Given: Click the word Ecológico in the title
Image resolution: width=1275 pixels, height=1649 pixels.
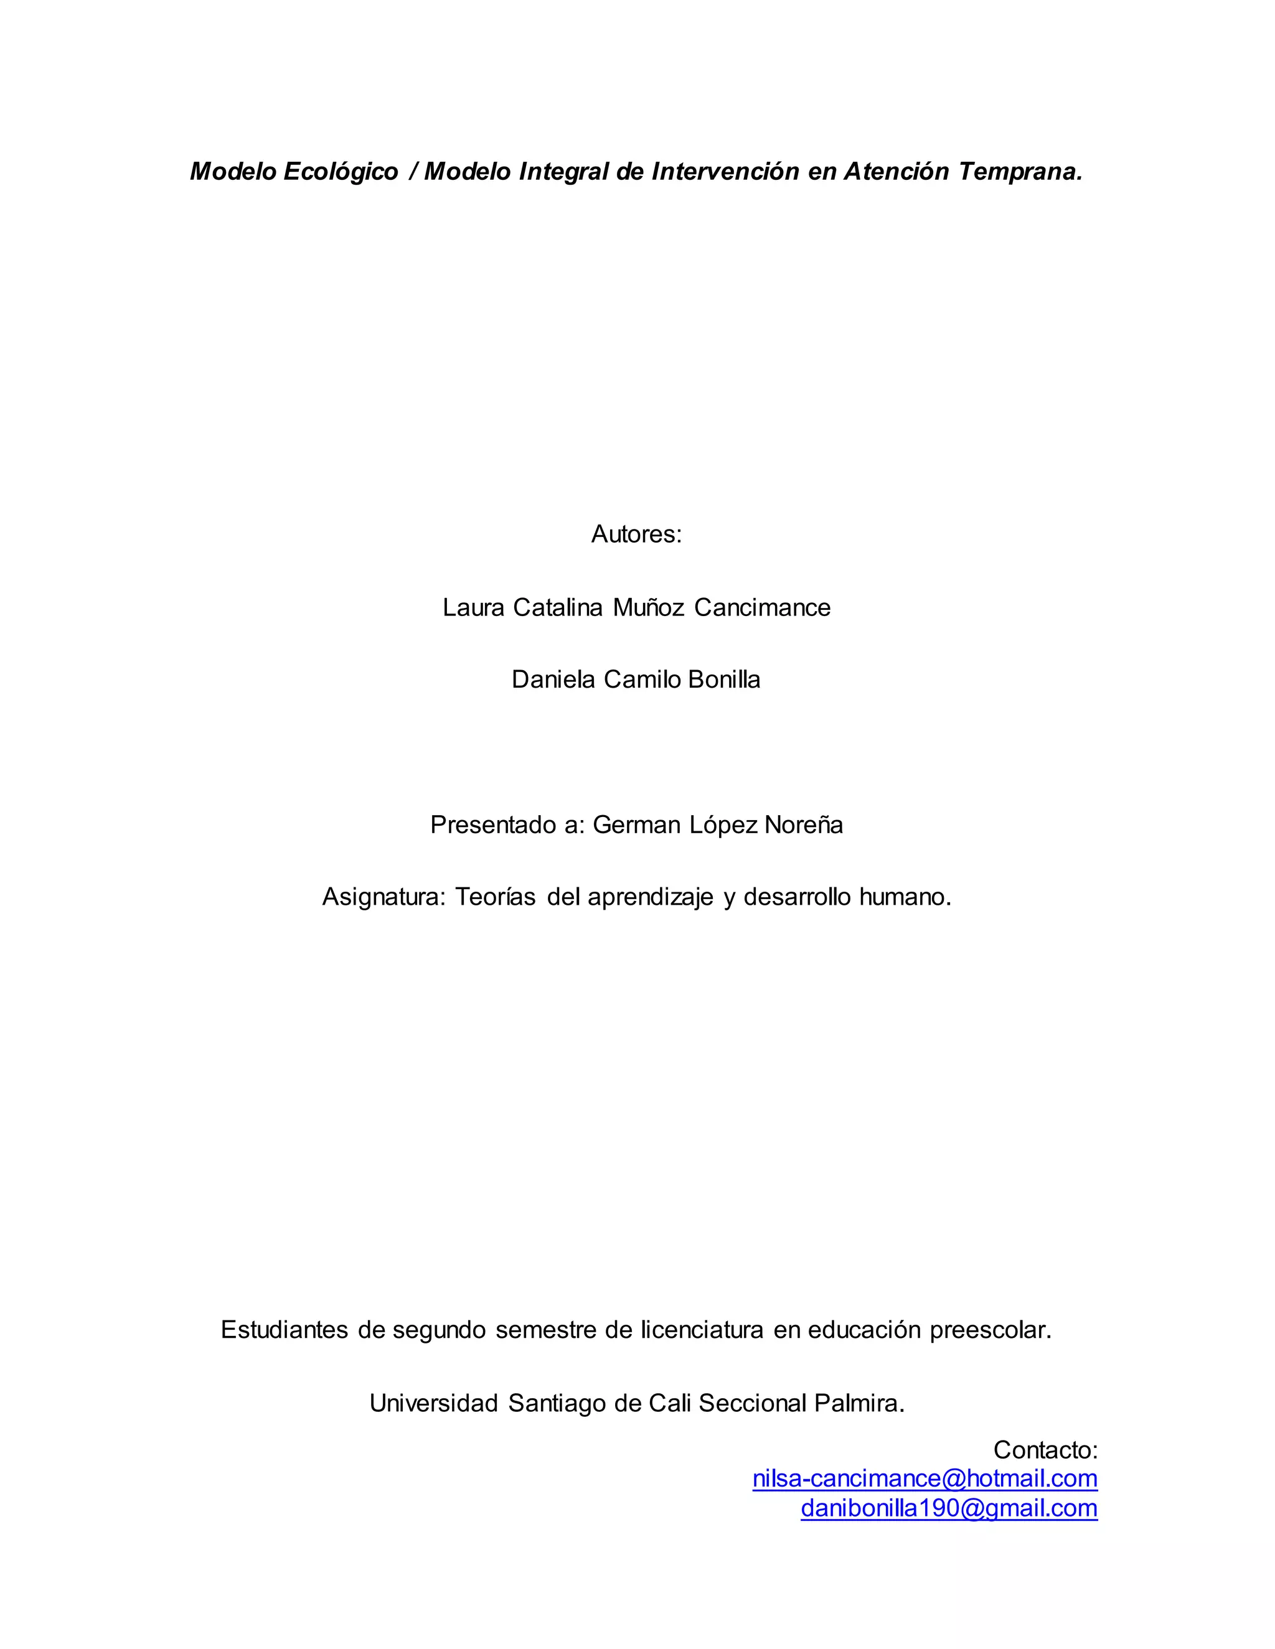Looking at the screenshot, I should [341, 172].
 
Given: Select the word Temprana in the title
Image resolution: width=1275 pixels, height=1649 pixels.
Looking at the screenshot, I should [1020, 172].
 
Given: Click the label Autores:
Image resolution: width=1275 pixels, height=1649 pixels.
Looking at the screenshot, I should [637, 535].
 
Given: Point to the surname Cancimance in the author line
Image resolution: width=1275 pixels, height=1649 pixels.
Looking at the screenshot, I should [762, 607].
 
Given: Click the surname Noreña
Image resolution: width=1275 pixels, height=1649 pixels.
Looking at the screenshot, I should [804, 824].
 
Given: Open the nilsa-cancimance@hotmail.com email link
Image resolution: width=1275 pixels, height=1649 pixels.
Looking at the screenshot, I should [924, 1478].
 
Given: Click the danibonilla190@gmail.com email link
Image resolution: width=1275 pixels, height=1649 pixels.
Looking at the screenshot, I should [949, 1508].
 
